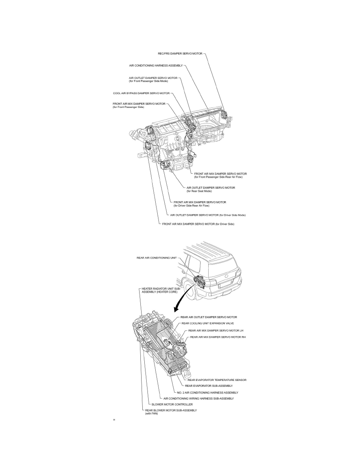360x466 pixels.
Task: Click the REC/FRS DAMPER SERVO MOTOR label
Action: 180,54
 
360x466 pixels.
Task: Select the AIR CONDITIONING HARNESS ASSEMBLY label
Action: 156,66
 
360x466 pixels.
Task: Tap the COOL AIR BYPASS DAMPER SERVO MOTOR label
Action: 142,93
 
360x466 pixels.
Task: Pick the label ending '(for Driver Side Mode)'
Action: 207,215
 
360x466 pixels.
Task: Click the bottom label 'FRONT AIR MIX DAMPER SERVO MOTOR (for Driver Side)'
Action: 198,224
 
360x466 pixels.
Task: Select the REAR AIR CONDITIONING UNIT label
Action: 156,258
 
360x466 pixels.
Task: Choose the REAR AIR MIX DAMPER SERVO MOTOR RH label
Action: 218,337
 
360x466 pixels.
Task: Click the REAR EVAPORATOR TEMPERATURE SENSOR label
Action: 217,380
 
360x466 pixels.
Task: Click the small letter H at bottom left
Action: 114,420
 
